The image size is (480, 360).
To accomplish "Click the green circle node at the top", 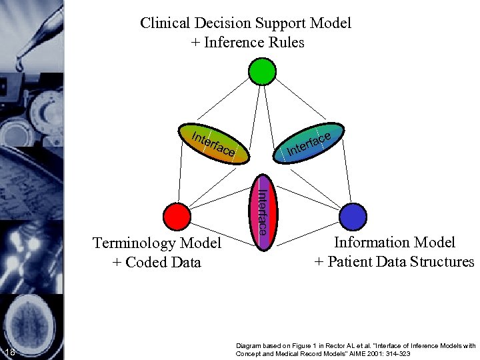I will (x=261, y=72).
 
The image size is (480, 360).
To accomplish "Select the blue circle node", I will (x=353, y=217).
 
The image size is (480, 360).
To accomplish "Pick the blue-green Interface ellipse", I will (x=309, y=143).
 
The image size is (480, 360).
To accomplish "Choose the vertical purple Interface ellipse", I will (x=263, y=213).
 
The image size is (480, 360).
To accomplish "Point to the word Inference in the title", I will (x=233, y=43).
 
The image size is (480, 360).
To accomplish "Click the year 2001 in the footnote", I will (x=366, y=353).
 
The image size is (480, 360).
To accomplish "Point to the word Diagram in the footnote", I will (x=249, y=345).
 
